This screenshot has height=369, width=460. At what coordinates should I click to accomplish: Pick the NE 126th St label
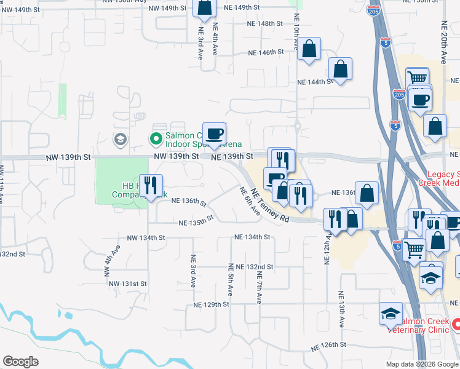[x=329, y=347]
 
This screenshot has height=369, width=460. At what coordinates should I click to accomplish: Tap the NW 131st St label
[x=128, y=284]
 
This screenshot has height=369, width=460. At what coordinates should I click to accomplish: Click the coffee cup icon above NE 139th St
[x=214, y=133]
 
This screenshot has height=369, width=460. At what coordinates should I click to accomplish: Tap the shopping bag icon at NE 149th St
[x=204, y=7]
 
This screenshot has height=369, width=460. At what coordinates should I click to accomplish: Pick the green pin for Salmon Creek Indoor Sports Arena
[x=157, y=138]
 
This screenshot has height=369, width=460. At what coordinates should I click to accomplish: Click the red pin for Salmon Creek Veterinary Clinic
[x=456, y=322]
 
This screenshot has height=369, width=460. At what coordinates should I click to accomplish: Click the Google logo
[x=20, y=362]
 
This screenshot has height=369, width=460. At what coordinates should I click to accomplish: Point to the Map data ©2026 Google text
[x=421, y=363]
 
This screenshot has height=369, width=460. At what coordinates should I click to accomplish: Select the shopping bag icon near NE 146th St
[x=309, y=49]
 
